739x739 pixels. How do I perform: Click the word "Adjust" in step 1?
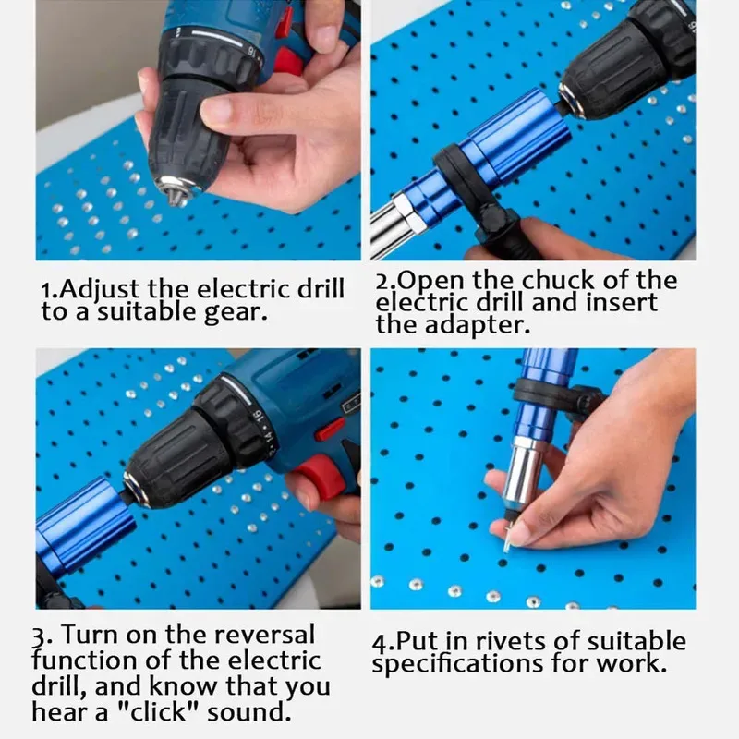coord(88,288)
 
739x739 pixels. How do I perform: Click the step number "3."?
coord(42,636)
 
